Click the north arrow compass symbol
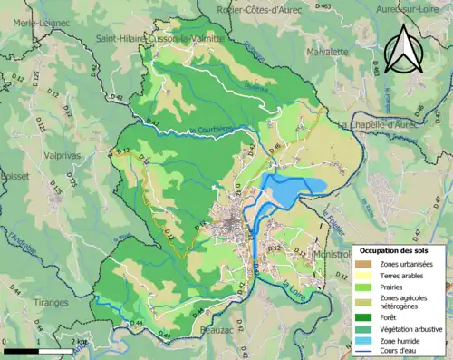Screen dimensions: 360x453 coord(403,47)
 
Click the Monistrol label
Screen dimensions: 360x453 coord(332,255)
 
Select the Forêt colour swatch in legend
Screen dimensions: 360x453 coord(364,316)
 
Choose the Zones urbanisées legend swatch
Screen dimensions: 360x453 coord(364,264)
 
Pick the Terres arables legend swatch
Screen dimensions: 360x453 coord(364,276)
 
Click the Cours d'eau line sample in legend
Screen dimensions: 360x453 coord(364,352)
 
